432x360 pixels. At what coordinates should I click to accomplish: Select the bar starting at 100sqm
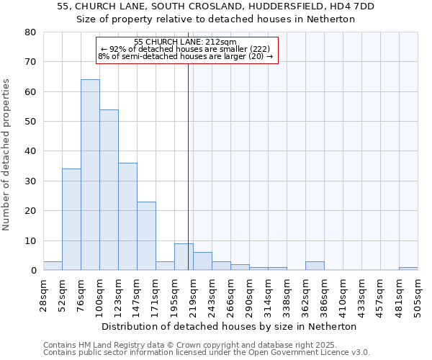coord(109,190)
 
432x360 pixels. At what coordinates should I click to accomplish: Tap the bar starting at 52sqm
coord(71,220)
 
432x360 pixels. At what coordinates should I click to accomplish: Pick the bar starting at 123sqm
coord(127,217)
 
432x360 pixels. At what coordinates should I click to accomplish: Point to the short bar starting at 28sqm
coord(53,266)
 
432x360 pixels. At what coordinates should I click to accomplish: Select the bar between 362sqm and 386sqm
coord(315,266)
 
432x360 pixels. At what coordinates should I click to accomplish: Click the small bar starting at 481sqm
coord(408,269)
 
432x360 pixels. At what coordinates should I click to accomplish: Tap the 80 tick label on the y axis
coord(30,32)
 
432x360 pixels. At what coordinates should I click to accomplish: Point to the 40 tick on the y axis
coord(30,151)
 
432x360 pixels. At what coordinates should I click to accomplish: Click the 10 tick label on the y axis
coord(30,240)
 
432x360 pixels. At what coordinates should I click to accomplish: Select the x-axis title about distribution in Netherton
coord(229,326)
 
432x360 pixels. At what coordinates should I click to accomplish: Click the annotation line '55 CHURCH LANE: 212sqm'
coord(185,42)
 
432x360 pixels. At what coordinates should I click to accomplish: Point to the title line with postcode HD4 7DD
coord(215,6)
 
